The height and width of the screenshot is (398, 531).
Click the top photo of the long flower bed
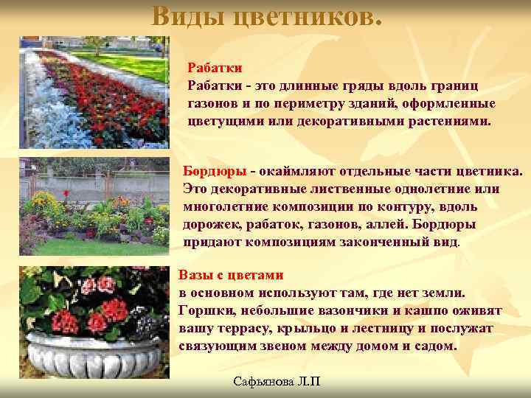click(99, 92)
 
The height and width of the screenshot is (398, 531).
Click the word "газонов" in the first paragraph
click(213, 103)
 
